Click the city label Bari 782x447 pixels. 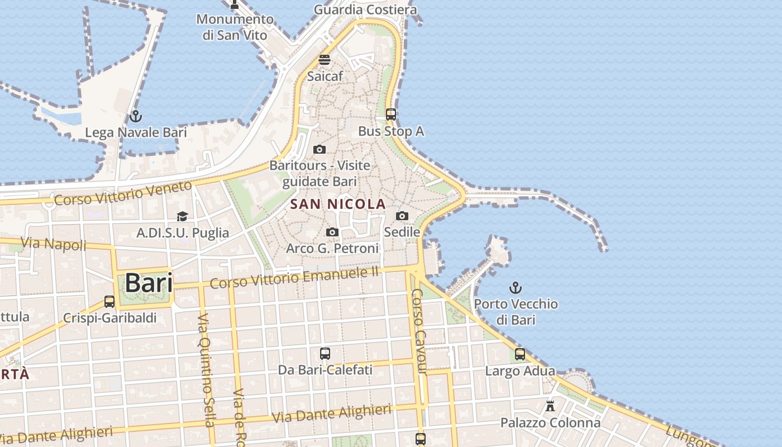pyautogui.click(x=149, y=283)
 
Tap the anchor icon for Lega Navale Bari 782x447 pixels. pyautogui.click(x=135, y=117)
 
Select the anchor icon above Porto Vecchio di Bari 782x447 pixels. pyautogui.click(x=516, y=288)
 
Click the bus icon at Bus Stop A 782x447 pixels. pyautogui.click(x=391, y=115)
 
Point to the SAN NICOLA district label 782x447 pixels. pyautogui.click(x=338, y=205)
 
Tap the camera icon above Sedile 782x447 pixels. pyautogui.click(x=402, y=216)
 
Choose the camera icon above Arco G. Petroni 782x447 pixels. pyautogui.click(x=332, y=232)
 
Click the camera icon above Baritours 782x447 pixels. pyautogui.click(x=320, y=149)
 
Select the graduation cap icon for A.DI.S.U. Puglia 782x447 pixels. pyautogui.click(x=182, y=217)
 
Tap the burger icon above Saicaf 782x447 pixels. pyautogui.click(x=325, y=59)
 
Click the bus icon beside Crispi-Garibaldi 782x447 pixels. pyautogui.click(x=109, y=302)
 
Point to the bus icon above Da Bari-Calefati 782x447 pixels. pyautogui.click(x=325, y=354)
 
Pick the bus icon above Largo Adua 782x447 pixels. pyautogui.click(x=520, y=354)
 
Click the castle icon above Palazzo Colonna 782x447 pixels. pyautogui.click(x=550, y=406)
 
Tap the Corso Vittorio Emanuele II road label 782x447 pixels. pyautogui.click(x=294, y=278)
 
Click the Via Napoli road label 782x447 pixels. pyautogui.click(x=54, y=244)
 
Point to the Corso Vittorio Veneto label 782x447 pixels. pyautogui.click(x=123, y=192)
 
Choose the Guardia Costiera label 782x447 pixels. pyautogui.click(x=365, y=9)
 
